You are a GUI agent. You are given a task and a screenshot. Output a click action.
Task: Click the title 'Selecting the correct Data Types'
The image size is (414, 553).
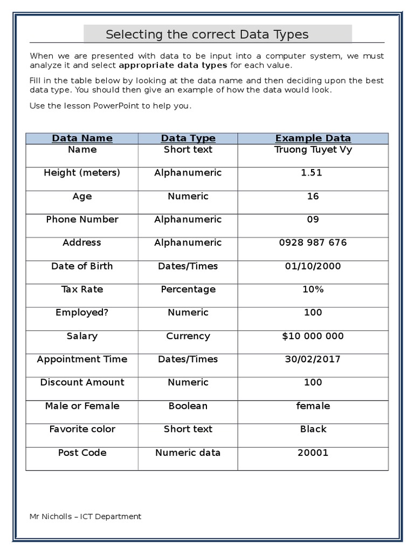click(x=207, y=35)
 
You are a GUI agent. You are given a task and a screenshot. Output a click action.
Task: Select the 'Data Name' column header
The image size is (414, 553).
click(x=82, y=138)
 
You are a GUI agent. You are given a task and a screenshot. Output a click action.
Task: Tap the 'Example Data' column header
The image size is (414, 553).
click(x=313, y=138)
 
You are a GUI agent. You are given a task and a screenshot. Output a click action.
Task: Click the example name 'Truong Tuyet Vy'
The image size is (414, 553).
click(x=313, y=150)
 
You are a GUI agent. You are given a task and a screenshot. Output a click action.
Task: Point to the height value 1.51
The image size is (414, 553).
click(x=313, y=173)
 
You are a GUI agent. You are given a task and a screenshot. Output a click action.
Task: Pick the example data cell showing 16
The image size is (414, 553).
click(x=313, y=196)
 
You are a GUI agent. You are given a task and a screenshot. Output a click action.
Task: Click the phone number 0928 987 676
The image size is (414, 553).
click(x=313, y=242)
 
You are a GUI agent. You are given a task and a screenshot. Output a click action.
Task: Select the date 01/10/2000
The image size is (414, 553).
click(x=313, y=266)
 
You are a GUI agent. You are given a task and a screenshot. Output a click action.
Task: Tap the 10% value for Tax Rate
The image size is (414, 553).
click(x=313, y=289)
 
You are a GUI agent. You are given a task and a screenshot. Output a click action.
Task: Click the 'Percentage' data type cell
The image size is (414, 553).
click(x=188, y=289)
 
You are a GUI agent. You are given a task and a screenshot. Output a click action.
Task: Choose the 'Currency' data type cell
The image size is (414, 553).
click(x=188, y=336)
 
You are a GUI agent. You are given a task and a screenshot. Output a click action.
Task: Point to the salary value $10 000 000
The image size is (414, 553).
click(x=313, y=336)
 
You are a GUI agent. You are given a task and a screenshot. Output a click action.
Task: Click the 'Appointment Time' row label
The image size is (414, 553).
click(x=82, y=359)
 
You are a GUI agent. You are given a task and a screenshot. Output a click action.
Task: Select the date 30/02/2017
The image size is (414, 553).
click(x=313, y=359)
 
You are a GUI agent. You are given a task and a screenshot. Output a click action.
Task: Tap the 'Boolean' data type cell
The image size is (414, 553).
click(x=188, y=406)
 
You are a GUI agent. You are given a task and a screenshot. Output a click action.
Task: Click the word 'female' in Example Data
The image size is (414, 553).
click(x=313, y=406)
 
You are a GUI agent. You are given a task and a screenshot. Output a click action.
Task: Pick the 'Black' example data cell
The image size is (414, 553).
click(x=313, y=429)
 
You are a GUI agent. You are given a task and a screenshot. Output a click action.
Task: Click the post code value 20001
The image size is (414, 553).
click(x=313, y=453)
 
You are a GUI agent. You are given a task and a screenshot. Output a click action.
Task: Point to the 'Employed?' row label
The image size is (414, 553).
click(x=82, y=312)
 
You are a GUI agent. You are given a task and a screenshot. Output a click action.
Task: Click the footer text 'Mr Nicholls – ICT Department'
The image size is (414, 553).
click(x=85, y=516)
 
